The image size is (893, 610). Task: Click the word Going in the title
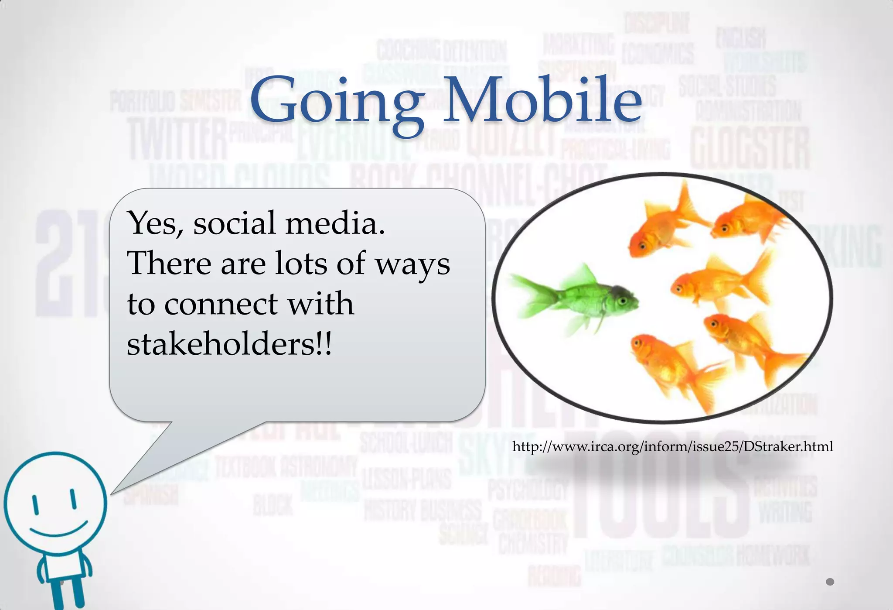point(336,101)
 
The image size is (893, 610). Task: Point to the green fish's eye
point(623,301)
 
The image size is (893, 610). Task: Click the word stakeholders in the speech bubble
point(229,344)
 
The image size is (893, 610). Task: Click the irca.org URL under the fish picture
point(672,446)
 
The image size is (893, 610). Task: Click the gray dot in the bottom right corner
point(830,582)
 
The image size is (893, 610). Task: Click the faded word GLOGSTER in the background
point(750,148)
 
